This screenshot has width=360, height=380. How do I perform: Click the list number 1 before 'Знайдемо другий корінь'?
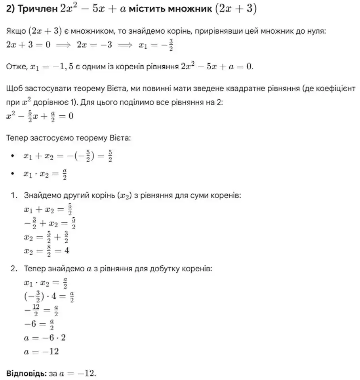tap(13, 195)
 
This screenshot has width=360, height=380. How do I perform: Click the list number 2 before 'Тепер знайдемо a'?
tap(14, 269)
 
